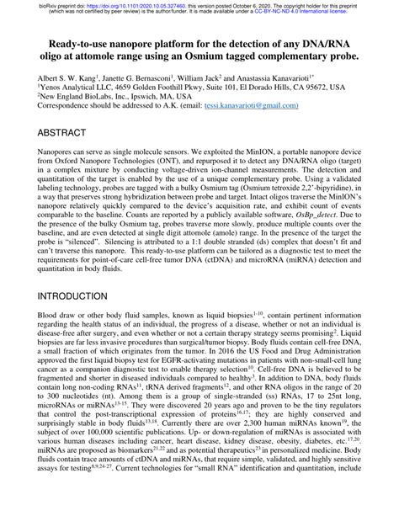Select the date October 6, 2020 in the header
click(x=265, y=4)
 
